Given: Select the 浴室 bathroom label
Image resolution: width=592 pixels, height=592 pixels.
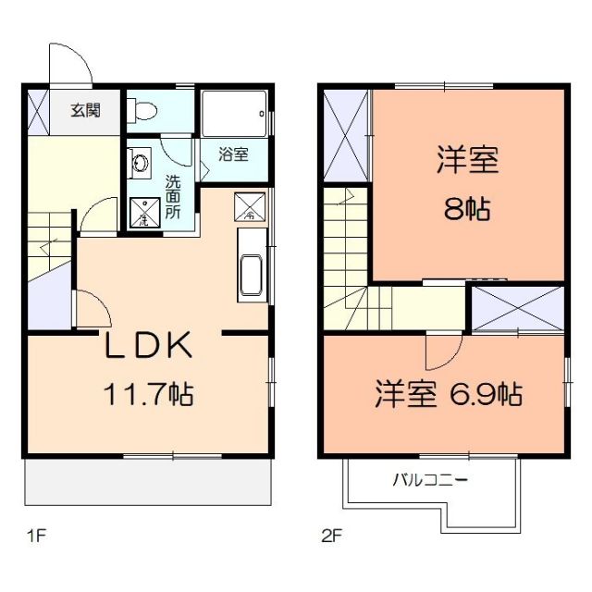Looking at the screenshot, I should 233,154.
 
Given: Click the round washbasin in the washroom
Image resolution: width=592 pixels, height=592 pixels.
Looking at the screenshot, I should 140,165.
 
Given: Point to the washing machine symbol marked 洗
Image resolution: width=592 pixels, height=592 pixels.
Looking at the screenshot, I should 142,214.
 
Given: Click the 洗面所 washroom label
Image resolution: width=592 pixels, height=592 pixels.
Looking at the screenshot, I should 173,197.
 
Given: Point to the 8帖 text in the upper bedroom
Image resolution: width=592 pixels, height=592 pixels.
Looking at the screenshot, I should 467,209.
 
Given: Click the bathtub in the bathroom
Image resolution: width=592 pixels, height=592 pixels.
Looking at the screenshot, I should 234,115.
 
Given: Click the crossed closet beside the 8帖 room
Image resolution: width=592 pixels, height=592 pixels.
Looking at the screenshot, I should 346,136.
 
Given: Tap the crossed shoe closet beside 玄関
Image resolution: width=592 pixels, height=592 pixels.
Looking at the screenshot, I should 39,111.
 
